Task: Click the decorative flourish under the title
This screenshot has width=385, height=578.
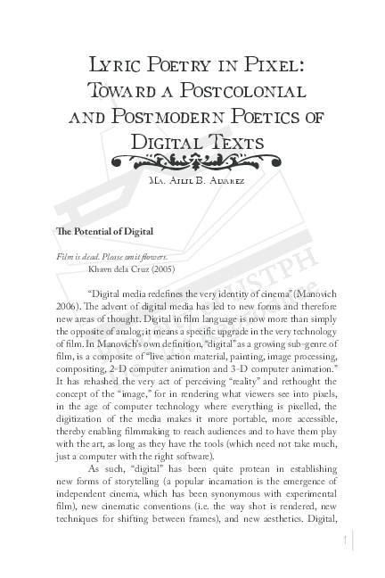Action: [x=192, y=161]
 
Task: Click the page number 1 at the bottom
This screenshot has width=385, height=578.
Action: [x=344, y=541]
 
